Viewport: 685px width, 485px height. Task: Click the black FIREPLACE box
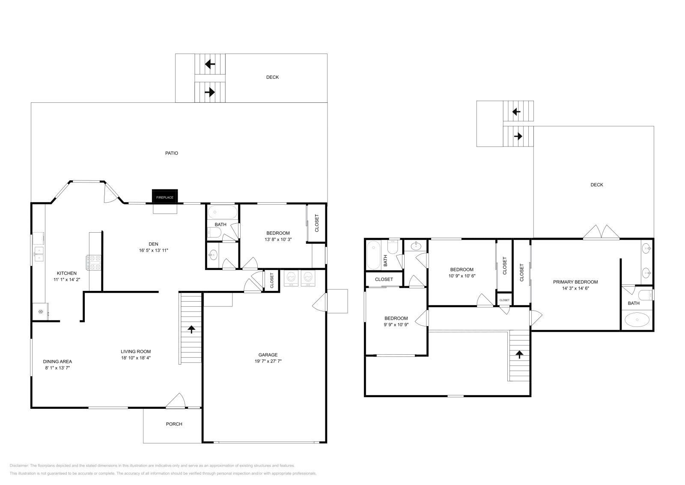(165, 197)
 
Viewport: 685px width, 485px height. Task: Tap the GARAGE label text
(268, 355)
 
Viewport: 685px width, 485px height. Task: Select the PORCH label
(174, 424)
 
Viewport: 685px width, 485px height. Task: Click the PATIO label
(172, 153)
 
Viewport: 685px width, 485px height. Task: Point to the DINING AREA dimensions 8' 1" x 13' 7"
(57, 368)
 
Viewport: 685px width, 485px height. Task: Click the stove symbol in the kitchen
(94, 263)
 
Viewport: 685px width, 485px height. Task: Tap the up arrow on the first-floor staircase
(191, 329)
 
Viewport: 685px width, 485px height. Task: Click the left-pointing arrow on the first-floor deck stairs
(210, 64)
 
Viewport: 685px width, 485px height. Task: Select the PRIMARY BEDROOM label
(575, 282)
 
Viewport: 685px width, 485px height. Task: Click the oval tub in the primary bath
(637, 320)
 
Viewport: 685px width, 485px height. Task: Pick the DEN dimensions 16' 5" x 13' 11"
(153, 250)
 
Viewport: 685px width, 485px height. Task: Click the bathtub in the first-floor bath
(222, 212)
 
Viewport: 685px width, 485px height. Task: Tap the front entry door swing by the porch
(176, 401)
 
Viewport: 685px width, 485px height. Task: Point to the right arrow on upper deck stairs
(518, 136)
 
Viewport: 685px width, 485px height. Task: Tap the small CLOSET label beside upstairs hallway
(504, 300)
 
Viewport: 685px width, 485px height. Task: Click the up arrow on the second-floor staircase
(519, 354)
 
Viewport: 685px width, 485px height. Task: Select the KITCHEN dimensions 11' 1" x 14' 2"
(67, 279)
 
